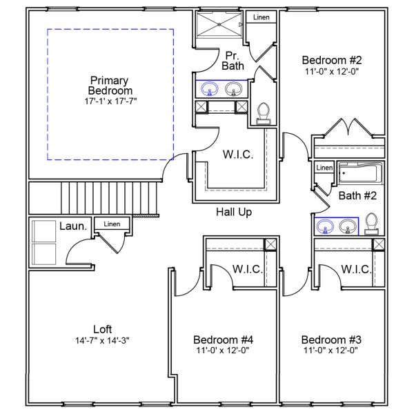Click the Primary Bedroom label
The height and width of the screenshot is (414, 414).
coord(109,86)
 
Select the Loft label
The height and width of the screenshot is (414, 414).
coord(102,329)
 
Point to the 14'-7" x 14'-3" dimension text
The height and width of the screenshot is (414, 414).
coord(102,340)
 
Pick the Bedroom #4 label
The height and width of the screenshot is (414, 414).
coord(223,339)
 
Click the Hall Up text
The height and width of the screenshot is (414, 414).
coord(233,213)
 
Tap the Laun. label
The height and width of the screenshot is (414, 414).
coord(72,226)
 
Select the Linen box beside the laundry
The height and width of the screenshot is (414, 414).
coord(111,224)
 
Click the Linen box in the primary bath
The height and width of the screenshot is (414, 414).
coord(262,17)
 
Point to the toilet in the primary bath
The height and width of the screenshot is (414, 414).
coord(263,113)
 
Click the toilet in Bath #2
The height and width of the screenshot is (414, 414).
coord(371,224)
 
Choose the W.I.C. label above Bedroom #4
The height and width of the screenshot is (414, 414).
coord(247,269)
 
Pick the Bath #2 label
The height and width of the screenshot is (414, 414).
coord(357,196)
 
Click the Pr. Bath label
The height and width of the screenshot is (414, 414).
coord(232,61)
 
